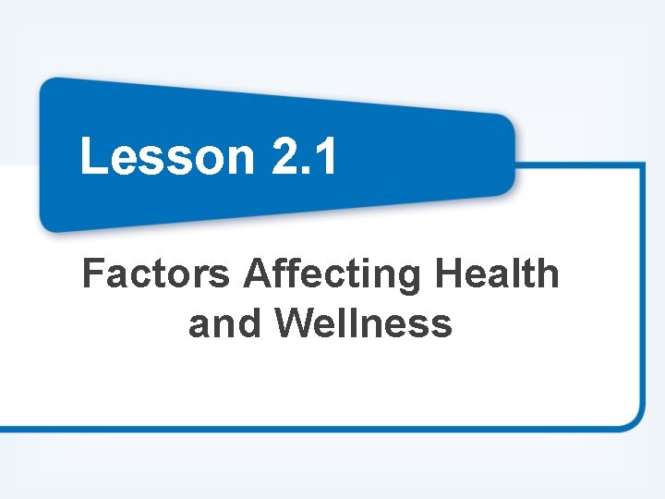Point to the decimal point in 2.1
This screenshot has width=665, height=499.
308,171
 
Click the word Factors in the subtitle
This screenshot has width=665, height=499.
156,274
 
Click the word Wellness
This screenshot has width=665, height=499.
364,324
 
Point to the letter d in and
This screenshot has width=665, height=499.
250,324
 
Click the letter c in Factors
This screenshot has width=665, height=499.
139,277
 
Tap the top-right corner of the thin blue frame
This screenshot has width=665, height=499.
642,166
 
